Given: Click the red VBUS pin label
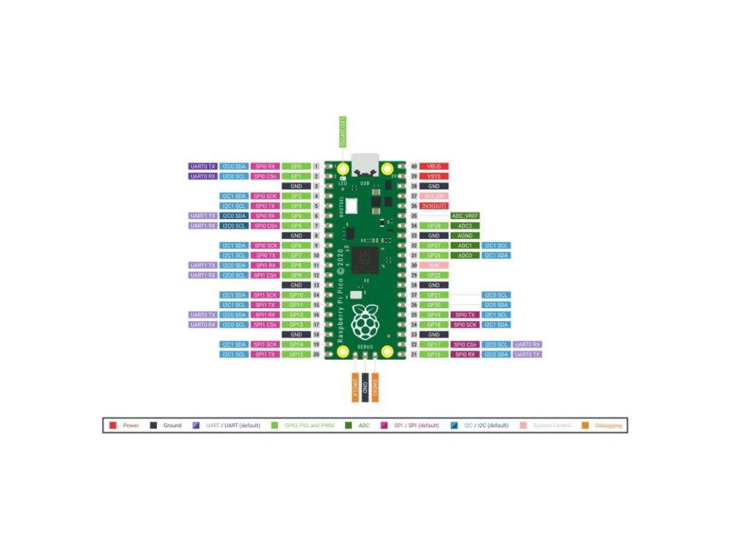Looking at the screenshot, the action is pyautogui.click(x=433, y=166).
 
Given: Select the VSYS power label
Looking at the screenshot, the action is pyautogui.click(x=433, y=176).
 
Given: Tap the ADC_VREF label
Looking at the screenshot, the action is pyautogui.click(x=465, y=215).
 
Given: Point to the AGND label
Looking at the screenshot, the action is pyautogui.click(x=465, y=235).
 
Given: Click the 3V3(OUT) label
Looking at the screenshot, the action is pyautogui.click(x=433, y=205).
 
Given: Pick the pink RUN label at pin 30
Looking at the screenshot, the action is pyautogui.click(x=433, y=265).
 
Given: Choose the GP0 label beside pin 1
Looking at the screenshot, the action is pyautogui.click(x=296, y=166).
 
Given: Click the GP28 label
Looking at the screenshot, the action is pyautogui.click(x=433, y=225).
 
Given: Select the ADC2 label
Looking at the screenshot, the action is pyautogui.click(x=465, y=225).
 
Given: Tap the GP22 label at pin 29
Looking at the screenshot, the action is pyautogui.click(x=433, y=275).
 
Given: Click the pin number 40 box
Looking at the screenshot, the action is pyautogui.click(x=413, y=166).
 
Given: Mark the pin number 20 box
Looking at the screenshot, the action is pyautogui.click(x=317, y=354).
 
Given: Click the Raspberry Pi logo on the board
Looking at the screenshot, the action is pyautogui.click(x=365, y=320).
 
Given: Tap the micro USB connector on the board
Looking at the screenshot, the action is pyautogui.click(x=365, y=165).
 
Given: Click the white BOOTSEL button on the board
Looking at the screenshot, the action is pyautogui.click(x=351, y=208).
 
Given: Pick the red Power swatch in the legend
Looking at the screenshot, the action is pyautogui.click(x=113, y=425).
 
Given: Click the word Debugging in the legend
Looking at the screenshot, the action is pyautogui.click(x=608, y=425).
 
